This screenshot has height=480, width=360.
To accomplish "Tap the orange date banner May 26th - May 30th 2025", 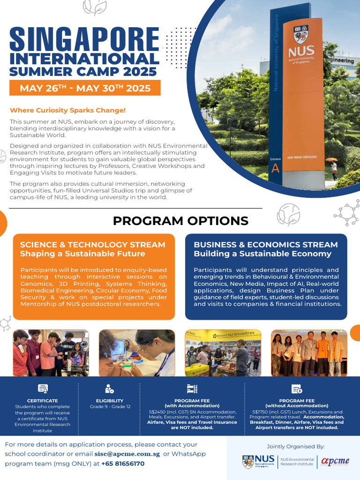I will tap(85, 88).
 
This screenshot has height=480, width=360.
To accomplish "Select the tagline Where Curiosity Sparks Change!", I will tap(68, 110).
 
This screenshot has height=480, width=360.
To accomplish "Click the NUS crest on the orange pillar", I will tap(300, 34).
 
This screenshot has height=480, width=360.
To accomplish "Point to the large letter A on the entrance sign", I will tap(276, 169).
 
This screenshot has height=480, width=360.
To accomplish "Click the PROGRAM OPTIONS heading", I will tap(180, 221).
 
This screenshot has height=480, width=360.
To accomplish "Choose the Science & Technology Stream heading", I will tap(92, 245).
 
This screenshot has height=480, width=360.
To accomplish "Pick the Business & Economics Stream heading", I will tap(266, 245).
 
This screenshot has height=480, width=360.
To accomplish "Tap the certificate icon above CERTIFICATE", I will tap(43, 389).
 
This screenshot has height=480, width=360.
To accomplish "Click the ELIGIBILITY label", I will tap(110, 401).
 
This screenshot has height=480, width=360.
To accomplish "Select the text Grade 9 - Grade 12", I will tap(110, 406).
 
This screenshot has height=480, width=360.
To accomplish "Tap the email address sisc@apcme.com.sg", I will tap(127, 454).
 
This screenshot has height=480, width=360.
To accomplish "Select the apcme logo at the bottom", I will tap(335, 461).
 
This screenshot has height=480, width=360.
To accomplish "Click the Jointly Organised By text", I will tap(295, 446).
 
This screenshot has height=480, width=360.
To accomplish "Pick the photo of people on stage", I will tap(309, 352).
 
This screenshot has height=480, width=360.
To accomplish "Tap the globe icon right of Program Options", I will tap(288, 215).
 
